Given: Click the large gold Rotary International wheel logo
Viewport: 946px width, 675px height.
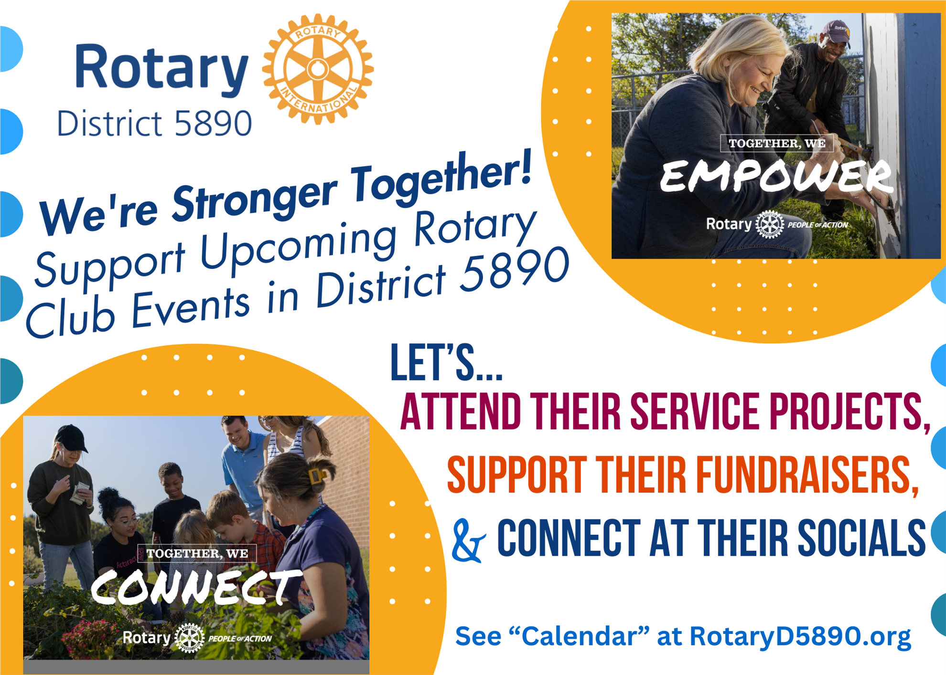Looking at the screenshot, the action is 318,69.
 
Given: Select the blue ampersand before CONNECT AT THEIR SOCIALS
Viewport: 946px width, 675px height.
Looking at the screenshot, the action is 469,541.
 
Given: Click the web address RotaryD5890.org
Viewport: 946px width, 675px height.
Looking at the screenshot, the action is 800,637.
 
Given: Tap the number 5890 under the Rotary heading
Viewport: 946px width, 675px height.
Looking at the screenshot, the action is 213,123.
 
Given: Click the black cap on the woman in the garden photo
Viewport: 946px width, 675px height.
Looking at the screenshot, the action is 72,438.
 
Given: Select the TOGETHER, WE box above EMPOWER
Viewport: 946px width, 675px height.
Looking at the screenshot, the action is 777,143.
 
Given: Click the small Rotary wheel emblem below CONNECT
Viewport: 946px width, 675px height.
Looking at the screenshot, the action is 190,638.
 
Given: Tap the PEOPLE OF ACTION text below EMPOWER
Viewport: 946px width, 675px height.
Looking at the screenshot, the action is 817,225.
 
